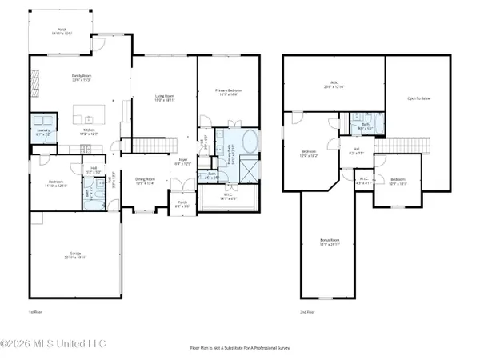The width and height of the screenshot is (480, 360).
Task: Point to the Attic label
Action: pyautogui.click(x=334, y=84)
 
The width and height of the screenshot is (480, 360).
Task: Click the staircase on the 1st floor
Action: pyautogui.click(x=157, y=145)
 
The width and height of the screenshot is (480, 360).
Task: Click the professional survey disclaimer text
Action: pyautogui.click(x=240, y=349)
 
